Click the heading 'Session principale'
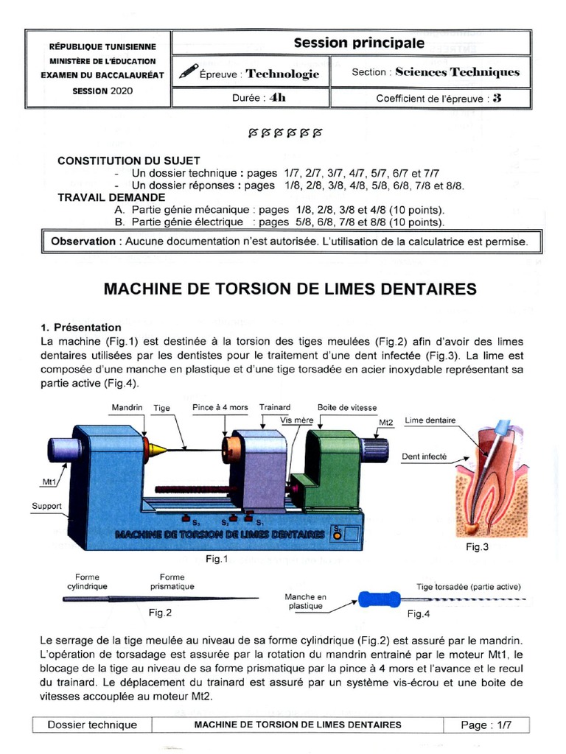click(x=359, y=43)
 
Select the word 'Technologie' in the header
click(x=282, y=74)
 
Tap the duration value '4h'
click(x=278, y=97)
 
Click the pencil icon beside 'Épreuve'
click(x=188, y=72)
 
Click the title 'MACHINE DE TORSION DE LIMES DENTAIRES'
click(x=290, y=289)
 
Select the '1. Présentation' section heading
click(x=81, y=327)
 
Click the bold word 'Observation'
click(x=83, y=242)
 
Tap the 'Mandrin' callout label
click(x=127, y=407)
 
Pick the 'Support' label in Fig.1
click(x=46, y=506)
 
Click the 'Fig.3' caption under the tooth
click(x=477, y=547)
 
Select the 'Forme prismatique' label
click(x=172, y=582)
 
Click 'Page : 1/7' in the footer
click(x=486, y=725)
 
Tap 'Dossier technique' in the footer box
click(x=92, y=725)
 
